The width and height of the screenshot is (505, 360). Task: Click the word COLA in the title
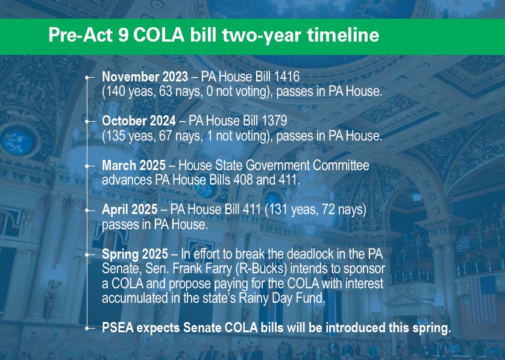point(158,35)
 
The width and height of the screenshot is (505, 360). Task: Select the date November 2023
point(145,77)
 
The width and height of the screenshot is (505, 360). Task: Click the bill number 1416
point(287,77)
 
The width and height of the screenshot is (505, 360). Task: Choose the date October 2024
point(139,121)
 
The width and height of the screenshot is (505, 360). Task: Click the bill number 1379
point(274,121)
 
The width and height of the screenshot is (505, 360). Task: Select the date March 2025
point(134,165)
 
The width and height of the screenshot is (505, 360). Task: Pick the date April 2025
point(130,209)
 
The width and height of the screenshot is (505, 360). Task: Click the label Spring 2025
point(135,254)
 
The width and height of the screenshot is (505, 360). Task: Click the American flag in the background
point(482,299)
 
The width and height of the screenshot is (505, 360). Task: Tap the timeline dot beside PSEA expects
point(87,328)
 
